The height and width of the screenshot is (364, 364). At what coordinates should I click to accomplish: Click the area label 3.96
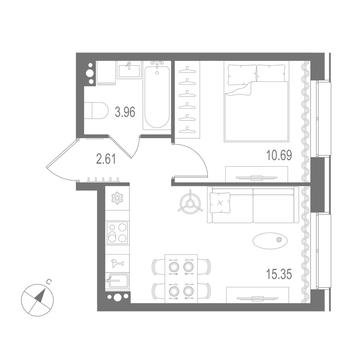(x=125, y=113)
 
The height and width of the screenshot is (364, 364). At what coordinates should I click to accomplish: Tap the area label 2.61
(x=106, y=159)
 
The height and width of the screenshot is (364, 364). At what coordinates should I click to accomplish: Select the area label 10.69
(x=279, y=155)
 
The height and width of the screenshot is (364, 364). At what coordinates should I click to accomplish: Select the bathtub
(x=157, y=96)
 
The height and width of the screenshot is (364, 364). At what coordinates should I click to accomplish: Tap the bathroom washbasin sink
(x=129, y=71)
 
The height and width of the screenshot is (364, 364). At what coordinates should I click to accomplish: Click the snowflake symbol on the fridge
(x=117, y=198)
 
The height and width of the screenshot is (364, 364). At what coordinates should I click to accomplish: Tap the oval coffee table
(x=270, y=240)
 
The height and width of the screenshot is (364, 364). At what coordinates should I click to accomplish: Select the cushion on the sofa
(x=220, y=203)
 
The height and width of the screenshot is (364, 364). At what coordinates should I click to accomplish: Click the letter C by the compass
(x=49, y=282)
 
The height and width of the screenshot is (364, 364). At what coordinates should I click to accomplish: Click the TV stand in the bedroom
(x=257, y=174)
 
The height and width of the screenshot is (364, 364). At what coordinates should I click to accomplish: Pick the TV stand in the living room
(x=258, y=295)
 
